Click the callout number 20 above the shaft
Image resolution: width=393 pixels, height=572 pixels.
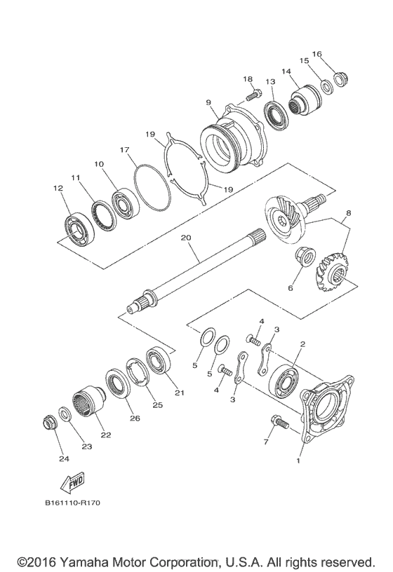point(186,238)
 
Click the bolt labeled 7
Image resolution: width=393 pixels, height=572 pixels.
point(276,423)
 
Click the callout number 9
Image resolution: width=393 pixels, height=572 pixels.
point(208,103)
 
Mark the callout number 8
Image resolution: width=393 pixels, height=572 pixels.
point(349,213)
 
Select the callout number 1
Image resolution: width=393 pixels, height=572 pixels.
point(300,462)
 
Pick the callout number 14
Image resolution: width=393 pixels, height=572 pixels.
point(286,71)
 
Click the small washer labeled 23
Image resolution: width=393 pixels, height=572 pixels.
point(65,414)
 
